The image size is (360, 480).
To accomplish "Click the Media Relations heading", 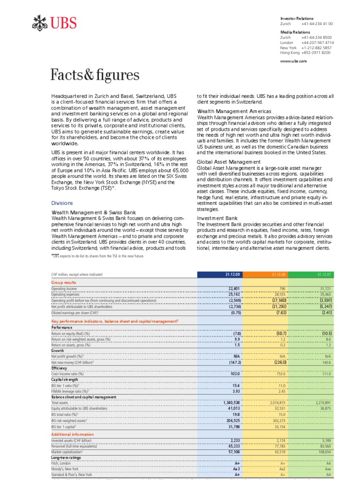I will pos(295,32).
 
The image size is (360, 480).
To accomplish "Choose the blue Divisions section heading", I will pos(62,203).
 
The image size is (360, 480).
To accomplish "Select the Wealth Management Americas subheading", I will pos(234,111).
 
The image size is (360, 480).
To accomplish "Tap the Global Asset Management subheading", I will pos(228,162).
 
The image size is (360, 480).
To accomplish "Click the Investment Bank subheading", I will pos(217,218).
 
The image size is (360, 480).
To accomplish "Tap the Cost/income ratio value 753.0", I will pos(280,374).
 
